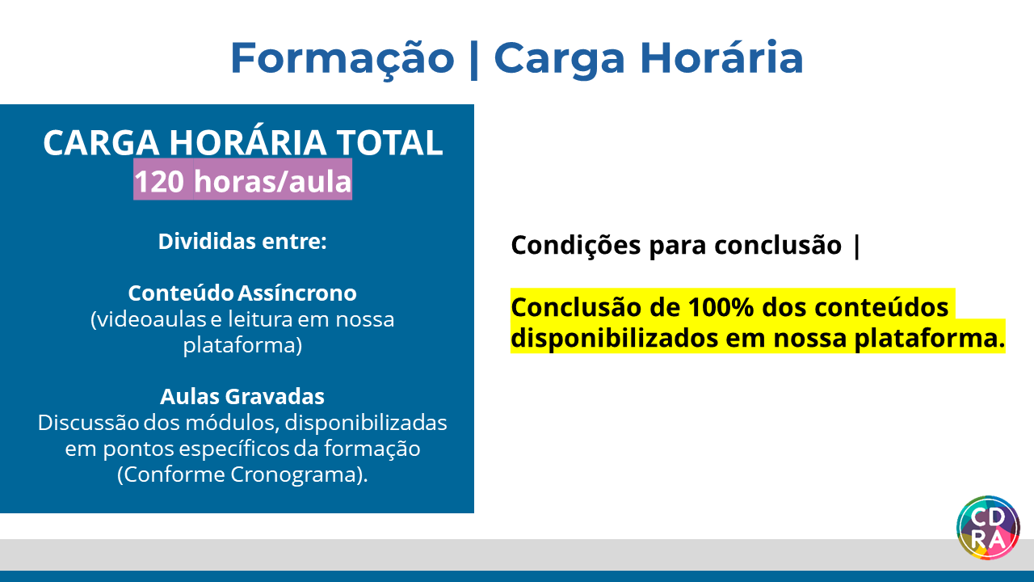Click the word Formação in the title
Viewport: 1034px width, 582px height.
(343, 59)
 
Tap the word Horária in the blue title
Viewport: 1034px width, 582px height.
(722, 57)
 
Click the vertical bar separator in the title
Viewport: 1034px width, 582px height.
(473, 59)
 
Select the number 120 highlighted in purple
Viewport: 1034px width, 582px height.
(159, 181)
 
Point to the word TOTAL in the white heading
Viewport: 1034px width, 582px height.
(389, 142)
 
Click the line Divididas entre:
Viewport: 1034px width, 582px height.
(242, 241)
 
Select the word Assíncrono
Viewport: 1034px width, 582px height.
(298, 293)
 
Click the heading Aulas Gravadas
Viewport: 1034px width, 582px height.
(242, 396)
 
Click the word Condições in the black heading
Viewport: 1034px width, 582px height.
(576, 245)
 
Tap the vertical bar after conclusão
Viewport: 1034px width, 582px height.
(857, 247)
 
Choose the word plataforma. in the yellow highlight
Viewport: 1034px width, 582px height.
(930, 339)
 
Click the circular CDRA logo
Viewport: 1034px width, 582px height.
(988, 528)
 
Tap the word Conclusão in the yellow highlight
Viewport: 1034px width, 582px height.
(576, 308)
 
